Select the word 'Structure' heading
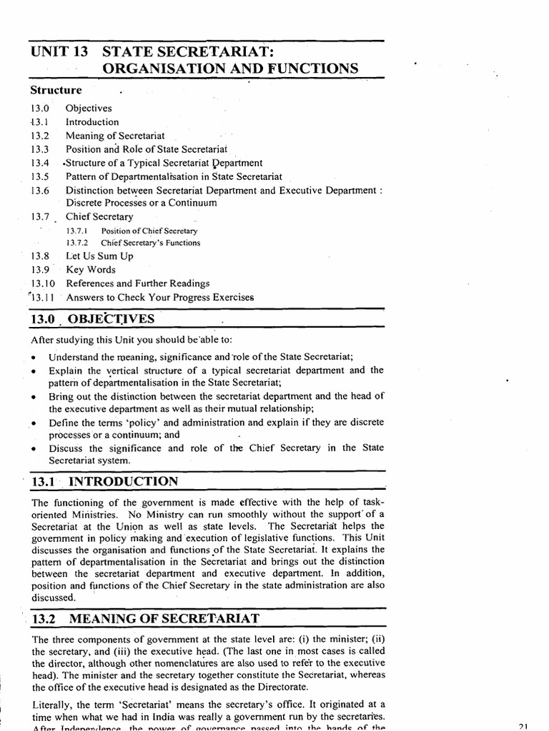point(56,91)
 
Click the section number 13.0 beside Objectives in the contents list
point(40,109)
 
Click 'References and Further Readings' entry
point(137,283)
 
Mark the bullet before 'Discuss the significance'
point(34,450)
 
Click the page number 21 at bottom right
point(521,725)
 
